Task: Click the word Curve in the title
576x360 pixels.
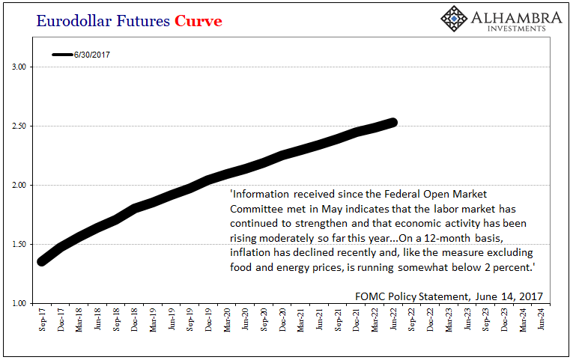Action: coord(198,21)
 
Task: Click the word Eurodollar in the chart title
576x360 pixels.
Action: coord(73,21)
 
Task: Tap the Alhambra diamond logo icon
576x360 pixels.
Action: coord(454,19)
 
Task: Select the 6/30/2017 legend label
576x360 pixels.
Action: coord(92,55)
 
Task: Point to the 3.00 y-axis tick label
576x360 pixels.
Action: coord(19,67)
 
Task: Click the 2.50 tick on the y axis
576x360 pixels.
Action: coord(19,126)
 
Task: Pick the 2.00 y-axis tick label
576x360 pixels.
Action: coord(19,185)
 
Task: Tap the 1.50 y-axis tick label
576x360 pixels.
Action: coord(19,244)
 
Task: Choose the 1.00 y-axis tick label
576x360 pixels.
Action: coord(19,303)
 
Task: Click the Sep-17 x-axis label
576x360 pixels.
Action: coord(42,320)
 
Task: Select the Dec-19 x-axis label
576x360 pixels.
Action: coord(208,320)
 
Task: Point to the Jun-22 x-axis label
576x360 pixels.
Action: coord(393,319)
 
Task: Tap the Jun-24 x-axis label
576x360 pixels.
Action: coord(541,319)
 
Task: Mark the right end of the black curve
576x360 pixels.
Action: coord(393,123)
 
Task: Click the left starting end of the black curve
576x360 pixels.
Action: coord(42,261)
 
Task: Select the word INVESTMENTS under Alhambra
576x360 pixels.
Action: coord(517,28)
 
